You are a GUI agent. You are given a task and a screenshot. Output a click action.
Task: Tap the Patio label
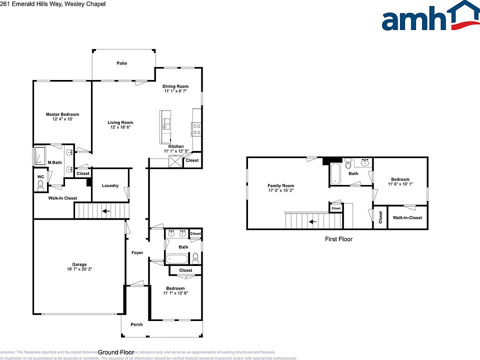tap(121, 63)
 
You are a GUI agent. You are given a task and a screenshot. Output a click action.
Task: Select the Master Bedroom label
tap(62, 114)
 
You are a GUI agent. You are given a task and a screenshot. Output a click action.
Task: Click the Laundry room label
tap(110, 186)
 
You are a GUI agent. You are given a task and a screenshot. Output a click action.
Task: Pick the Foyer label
tap(137, 252)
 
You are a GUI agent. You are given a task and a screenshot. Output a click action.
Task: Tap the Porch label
tap(136, 324)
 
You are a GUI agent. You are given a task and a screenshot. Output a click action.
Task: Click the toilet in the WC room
tap(40, 185)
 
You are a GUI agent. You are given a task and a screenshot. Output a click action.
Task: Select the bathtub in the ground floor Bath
tap(177, 259)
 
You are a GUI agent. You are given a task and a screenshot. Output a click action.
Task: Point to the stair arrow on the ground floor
tap(106, 211)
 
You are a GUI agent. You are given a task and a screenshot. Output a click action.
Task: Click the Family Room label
tap(280, 185)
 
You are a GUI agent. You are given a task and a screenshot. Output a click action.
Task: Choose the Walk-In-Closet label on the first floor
tap(407, 217)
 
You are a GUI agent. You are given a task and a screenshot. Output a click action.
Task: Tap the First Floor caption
tap(338, 239)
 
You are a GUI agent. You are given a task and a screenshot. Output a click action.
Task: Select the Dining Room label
tap(175, 86)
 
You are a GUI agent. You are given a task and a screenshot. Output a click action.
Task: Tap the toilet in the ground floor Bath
tap(195, 258)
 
